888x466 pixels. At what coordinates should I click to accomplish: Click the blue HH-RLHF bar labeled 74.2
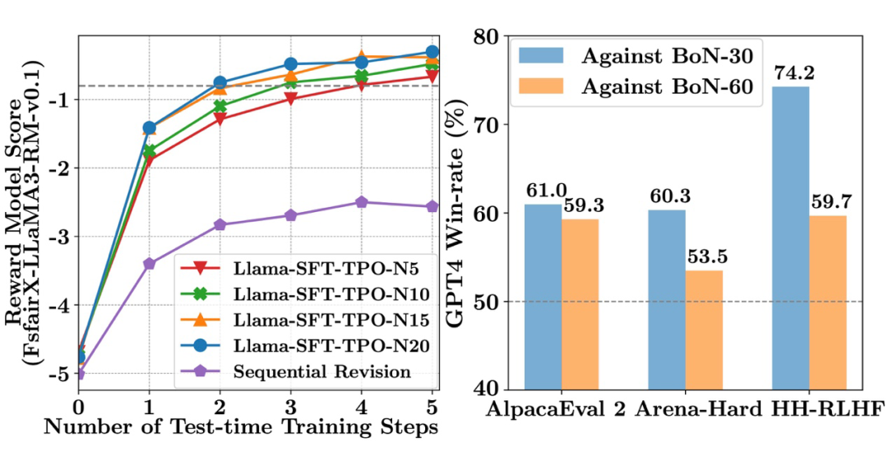tap(790, 238)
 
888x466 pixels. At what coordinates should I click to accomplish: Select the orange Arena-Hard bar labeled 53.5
tap(704, 330)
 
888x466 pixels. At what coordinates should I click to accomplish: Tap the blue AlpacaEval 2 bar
tap(543, 297)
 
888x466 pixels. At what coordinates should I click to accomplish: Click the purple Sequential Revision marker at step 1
tap(149, 264)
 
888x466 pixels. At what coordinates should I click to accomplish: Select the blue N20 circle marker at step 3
tap(290, 64)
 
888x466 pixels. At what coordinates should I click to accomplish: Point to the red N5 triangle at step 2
tap(220, 118)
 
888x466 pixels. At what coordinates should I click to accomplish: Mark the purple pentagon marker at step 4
tap(361, 202)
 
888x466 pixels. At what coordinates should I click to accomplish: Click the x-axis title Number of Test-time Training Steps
tap(253, 427)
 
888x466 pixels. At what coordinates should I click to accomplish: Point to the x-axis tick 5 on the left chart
tap(432, 407)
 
